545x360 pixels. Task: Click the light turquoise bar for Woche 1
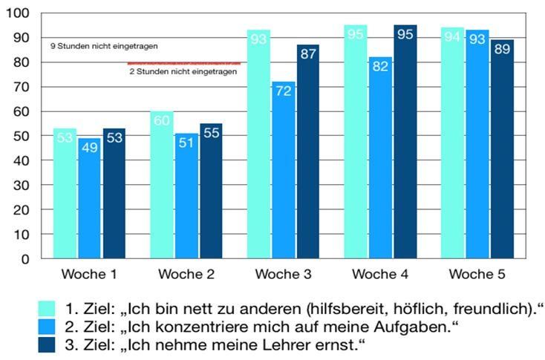point(65,193)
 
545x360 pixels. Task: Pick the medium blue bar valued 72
point(284,170)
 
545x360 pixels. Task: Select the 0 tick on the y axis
point(25,258)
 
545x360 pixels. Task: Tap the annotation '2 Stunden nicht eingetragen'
point(181,72)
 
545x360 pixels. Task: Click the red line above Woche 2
point(183,63)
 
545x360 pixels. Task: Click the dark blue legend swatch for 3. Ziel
point(47,344)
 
